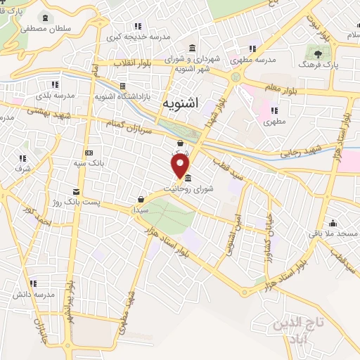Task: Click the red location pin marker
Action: (x=181, y=167)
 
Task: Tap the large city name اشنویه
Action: (x=180, y=103)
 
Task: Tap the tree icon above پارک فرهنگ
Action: (x=319, y=53)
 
